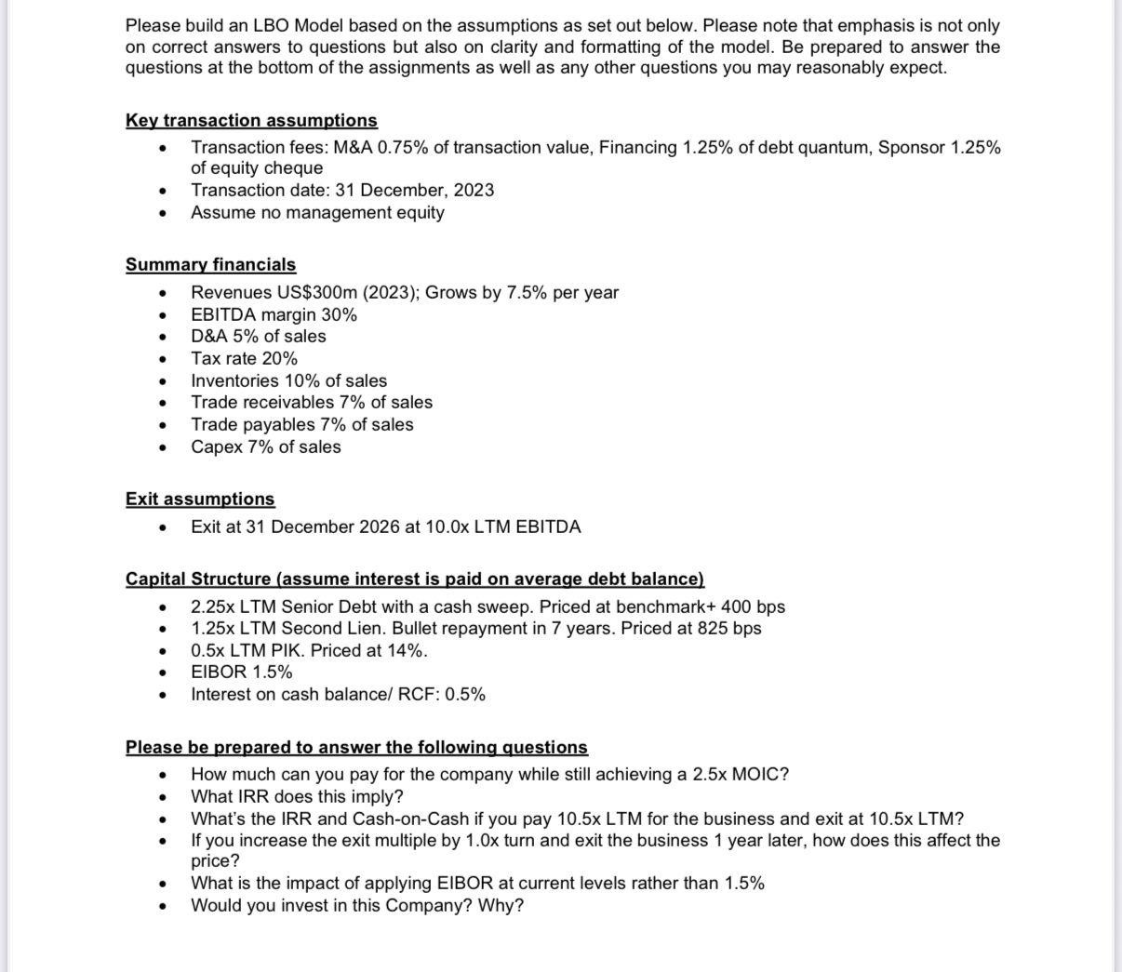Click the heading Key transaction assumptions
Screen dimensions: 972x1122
point(251,121)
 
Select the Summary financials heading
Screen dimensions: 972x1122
point(210,265)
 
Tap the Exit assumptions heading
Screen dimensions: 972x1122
point(200,499)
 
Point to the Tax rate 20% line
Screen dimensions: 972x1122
point(244,359)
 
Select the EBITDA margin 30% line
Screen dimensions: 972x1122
point(274,315)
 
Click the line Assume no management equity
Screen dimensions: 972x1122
point(317,213)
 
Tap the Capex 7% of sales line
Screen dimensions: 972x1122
point(265,447)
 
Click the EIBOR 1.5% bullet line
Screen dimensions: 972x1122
point(241,672)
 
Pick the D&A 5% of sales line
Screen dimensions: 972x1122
point(259,337)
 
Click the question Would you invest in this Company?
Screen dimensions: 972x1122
point(356,906)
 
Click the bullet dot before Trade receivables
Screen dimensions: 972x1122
point(164,404)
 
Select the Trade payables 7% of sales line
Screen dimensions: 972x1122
point(301,425)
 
